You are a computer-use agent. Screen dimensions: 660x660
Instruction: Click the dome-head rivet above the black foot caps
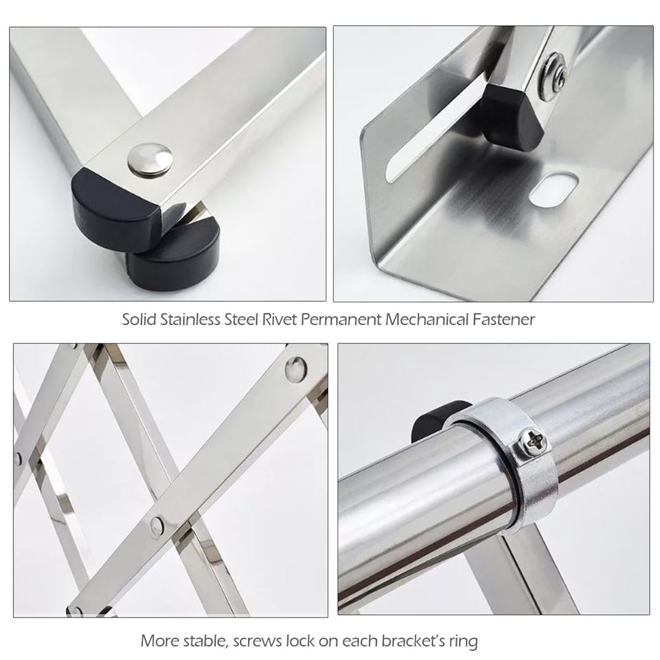pos(150,159)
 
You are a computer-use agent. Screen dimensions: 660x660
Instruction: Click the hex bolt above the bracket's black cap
pos(553,77)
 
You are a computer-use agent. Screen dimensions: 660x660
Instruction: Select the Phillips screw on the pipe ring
pos(534,442)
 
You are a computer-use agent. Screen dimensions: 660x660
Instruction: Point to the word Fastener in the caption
pos(503,320)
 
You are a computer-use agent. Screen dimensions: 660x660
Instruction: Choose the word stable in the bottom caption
pos(206,641)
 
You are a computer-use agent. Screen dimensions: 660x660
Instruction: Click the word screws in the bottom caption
pos(257,641)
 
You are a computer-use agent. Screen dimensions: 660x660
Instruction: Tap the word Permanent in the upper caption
pos(341,320)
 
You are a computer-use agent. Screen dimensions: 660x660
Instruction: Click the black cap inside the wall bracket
pos(510,115)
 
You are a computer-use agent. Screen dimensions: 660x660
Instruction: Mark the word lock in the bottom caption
pos(300,641)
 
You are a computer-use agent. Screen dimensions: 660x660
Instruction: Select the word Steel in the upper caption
pos(241,320)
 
